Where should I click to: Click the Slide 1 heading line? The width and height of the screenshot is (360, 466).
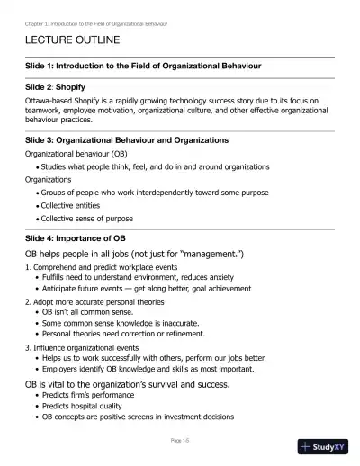point(143,67)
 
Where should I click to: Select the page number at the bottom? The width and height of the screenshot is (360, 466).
point(179,440)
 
